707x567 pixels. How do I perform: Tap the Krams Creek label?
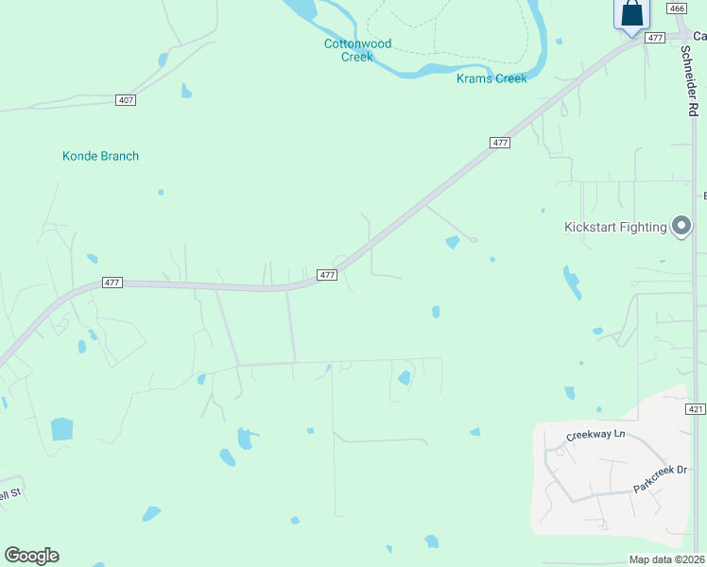click(x=491, y=78)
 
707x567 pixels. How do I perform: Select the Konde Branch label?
click(x=100, y=156)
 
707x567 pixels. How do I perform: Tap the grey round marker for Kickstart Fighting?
click(x=681, y=226)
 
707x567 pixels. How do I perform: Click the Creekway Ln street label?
click(x=595, y=434)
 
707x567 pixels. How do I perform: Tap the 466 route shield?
click(x=676, y=9)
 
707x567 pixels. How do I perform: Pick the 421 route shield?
click(x=695, y=409)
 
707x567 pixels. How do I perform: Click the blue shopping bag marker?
click(x=631, y=14)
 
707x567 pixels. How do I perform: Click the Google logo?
click(x=31, y=556)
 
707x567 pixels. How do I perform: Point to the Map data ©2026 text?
click(x=666, y=559)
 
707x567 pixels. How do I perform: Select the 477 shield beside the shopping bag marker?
click(x=655, y=38)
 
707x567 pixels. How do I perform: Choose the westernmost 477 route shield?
click(x=112, y=283)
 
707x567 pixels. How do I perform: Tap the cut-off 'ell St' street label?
click(x=9, y=494)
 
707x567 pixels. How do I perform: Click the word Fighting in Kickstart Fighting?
click(x=643, y=227)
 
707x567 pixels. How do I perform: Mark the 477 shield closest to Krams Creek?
click(x=500, y=143)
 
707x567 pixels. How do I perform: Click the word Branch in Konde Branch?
click(x=119, y=156)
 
